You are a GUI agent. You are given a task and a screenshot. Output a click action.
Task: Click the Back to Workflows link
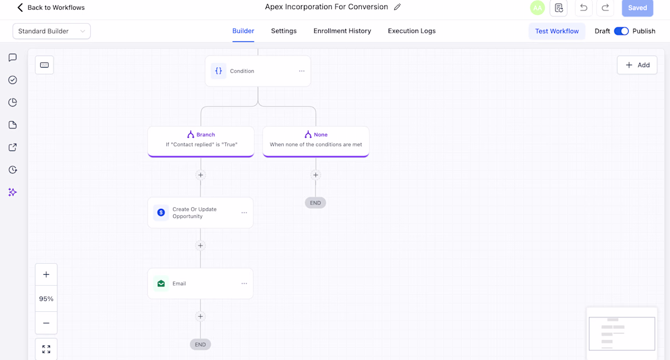51,8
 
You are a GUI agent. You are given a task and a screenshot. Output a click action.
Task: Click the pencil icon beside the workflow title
397,7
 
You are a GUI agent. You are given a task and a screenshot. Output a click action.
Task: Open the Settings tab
284,31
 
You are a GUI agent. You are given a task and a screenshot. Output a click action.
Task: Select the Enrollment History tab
342,31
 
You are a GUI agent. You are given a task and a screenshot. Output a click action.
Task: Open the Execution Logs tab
412,31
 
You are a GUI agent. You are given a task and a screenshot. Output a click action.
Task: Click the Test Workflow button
557,31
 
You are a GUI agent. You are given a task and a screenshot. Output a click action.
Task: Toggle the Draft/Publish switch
621,31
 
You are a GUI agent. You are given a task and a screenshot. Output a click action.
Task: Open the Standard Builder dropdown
52,31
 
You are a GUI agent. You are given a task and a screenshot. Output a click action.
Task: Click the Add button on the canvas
637,65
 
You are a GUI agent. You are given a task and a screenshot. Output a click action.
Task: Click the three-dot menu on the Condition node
301,71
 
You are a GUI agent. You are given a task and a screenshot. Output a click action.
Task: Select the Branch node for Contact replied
201,141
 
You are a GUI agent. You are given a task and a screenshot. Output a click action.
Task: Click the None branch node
316,141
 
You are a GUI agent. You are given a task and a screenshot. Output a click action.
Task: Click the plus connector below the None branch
316,175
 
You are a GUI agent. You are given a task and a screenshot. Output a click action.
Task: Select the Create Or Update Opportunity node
200,213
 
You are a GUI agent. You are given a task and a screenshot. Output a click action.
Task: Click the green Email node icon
161,283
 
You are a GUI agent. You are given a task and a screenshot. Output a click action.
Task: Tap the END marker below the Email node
200,345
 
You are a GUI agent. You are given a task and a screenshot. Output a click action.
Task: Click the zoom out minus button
46,323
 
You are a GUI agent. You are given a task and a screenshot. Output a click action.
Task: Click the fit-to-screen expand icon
46,349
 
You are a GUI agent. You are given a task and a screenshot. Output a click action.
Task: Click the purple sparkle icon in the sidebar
12,192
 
